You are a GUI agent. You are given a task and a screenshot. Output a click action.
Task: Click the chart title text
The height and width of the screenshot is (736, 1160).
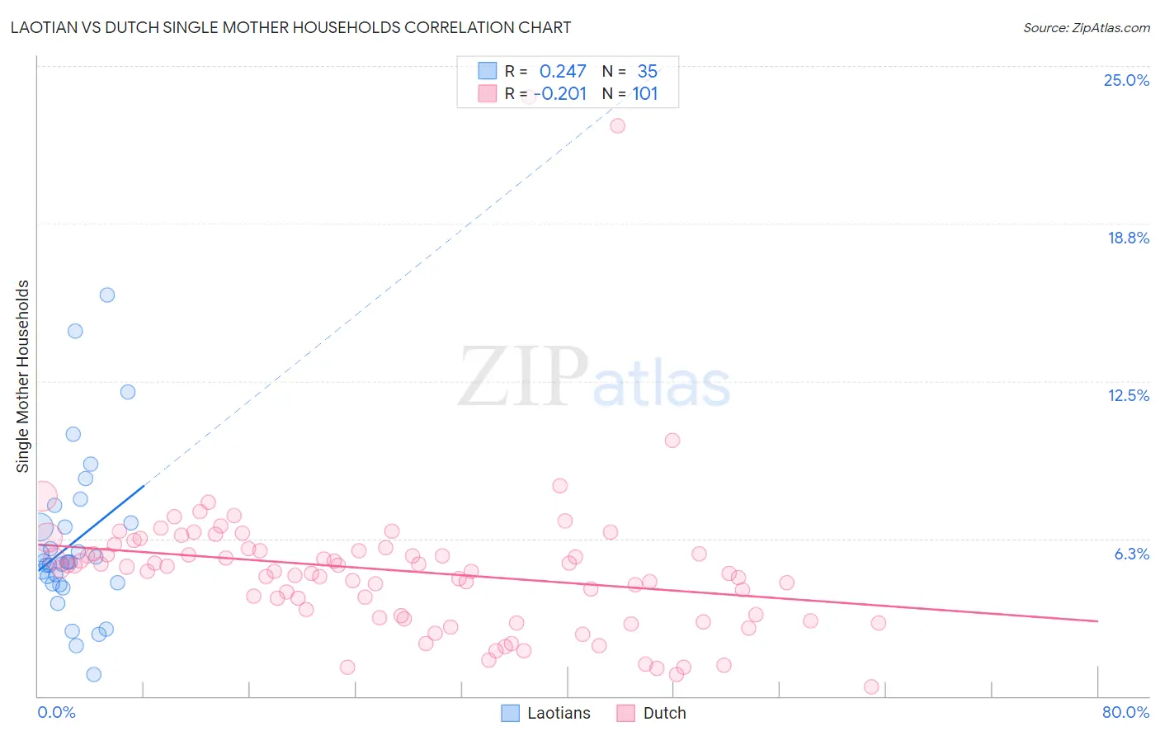[290, 27]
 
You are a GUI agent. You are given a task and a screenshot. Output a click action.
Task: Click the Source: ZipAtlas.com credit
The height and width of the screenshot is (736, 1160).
[1086, 27]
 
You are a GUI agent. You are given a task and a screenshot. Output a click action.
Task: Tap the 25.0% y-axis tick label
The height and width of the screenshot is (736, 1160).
[1126, 80]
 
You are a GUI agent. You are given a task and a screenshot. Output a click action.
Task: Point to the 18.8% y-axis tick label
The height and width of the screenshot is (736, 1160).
[1128, 238]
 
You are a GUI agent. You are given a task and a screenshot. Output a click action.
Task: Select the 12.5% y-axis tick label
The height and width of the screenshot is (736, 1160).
[1128, 395]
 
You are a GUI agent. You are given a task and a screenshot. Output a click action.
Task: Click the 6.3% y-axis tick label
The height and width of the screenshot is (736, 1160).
[1131, 554]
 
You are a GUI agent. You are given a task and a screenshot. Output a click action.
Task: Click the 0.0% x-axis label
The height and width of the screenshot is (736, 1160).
[56, 712]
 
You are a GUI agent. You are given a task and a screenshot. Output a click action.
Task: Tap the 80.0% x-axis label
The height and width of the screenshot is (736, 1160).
[1125, 712]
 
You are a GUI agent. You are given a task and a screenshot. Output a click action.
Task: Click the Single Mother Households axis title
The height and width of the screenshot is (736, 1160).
[22, 376]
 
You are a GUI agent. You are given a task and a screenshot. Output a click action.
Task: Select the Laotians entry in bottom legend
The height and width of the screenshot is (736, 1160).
[559, 713]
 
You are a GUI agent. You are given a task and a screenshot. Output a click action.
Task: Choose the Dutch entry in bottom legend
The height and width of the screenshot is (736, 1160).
[664, 713]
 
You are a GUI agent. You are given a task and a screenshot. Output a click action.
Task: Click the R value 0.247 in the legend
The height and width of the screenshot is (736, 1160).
[563, 72]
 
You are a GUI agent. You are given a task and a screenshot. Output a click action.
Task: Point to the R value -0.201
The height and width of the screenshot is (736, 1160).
[561, 94]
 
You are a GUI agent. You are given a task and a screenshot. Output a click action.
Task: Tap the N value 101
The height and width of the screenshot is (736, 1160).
[645, 94]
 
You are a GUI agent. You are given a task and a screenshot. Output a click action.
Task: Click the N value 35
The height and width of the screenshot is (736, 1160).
[648, 72]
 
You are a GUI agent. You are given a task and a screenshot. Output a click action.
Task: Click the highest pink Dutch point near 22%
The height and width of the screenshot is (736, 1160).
[617, 126]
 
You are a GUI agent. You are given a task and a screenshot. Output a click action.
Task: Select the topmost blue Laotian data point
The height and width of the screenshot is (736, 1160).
[107, 295]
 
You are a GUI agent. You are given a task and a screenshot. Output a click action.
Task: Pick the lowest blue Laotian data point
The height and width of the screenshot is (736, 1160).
[94, 675]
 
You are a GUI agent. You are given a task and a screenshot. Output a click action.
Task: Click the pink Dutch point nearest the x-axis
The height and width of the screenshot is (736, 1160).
[871, 687]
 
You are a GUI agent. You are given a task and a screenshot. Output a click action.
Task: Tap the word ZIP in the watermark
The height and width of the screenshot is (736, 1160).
[523, 377]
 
